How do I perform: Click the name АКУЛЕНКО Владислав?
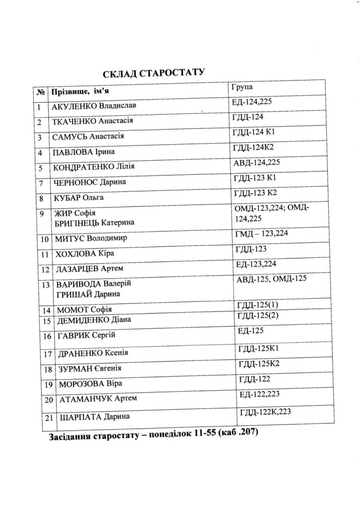pyautogui.click(x=93, y=106)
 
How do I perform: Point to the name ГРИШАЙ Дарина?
pyautogui.click(x=86, y=294)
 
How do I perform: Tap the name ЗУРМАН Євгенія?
pyautogui.click(x=90, y=369)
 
